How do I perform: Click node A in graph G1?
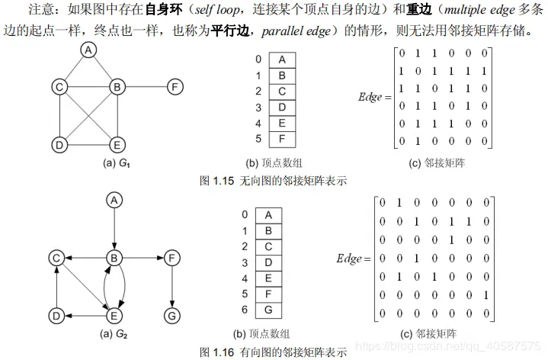coord(89,50)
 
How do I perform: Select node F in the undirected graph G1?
coord(175,87)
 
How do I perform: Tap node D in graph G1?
coord(59,143)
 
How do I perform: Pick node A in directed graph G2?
coord(114,200)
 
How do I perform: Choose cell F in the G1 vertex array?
coord(282,139)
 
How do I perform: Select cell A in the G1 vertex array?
coord(282,59)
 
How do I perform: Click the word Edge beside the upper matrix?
coord(370,97)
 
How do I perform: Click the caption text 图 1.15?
coord(216,182)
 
